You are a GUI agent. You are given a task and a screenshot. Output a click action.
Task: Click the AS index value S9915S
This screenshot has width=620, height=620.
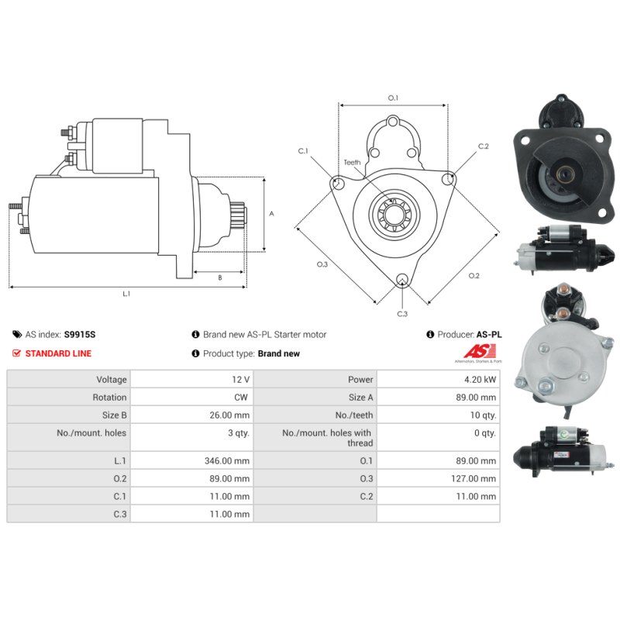[x=80, y=335]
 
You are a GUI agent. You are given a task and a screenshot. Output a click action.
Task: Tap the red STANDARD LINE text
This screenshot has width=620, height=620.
[x=58, y=353]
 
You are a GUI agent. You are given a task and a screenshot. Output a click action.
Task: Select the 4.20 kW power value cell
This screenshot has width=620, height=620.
[x=439, y=379]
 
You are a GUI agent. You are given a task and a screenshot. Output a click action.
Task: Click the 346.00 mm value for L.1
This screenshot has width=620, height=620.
[x=227, y=460]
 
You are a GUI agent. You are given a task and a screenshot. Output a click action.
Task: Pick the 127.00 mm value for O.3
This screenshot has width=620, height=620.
[x=474, y=478]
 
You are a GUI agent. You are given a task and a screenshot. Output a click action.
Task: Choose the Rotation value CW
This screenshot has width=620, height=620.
[x=241, y=397]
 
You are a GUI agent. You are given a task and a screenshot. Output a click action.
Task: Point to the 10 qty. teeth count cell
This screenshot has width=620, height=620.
[x=439, y=415]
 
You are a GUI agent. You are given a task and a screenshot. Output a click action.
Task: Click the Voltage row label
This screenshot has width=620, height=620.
[x=112, y=380]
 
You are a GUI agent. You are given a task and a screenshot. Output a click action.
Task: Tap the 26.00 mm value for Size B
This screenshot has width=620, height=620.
[x=229, y=415]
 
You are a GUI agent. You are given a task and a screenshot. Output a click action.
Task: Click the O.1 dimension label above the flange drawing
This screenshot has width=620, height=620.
[x=393, y=98]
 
